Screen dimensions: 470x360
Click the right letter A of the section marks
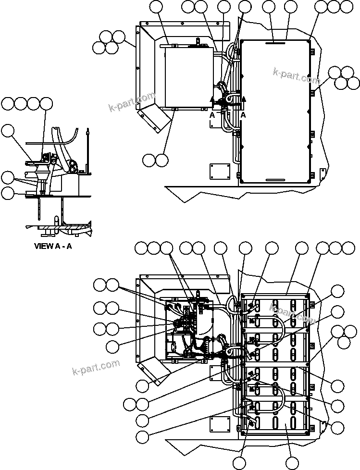[243, 115]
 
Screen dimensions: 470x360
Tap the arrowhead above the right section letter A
[243, 99]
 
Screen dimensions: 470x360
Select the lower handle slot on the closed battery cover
[275, 180]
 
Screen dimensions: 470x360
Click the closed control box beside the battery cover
[189, 78]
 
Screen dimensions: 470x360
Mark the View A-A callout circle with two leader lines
[8, 178]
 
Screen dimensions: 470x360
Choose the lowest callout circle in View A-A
[8, 194]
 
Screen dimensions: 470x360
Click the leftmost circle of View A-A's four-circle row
[8, 103]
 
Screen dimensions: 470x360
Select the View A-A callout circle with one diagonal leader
[8, 117]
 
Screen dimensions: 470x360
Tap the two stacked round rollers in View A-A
[74, 167]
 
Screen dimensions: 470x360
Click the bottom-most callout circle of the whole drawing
[291, 463]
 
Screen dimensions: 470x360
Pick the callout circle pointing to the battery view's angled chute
[142, 386]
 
